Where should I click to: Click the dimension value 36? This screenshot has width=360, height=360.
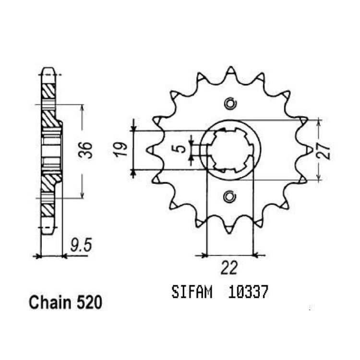click(85, 150)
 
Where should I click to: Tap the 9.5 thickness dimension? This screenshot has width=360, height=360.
click(81, 245)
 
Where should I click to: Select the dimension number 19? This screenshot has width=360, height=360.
click(121, 149)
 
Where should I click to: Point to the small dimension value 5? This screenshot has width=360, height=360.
click(181, 148)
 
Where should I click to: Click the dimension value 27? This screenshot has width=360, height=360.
click(324, 151)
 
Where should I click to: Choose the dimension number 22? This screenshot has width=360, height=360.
click(229, 268)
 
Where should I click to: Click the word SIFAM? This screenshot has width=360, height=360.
click(192, 292)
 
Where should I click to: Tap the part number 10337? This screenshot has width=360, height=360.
click(248, 292)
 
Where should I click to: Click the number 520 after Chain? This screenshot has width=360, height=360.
click(89, 302)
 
